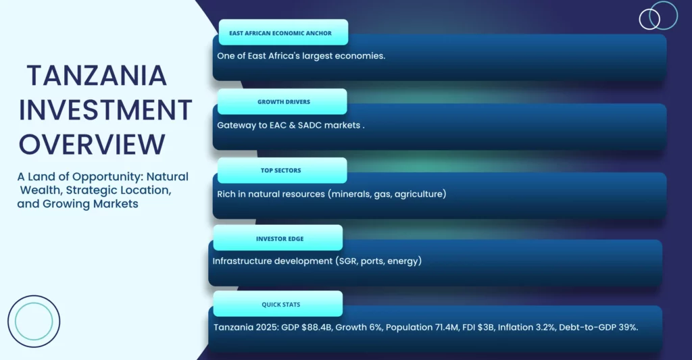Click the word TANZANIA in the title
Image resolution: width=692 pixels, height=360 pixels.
click(97, 76)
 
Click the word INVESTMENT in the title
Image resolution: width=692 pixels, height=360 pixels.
click(105, 110)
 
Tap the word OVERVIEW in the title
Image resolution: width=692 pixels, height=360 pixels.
click(92, 145)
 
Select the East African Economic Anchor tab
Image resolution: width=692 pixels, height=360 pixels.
click(283, 32)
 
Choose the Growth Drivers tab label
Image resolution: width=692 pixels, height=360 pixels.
click(282, 101)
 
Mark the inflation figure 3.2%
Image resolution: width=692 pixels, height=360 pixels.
click(545, 328)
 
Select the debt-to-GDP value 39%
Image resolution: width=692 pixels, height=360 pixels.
click(622, 328)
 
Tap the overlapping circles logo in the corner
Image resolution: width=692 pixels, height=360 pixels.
click(658, 16)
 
